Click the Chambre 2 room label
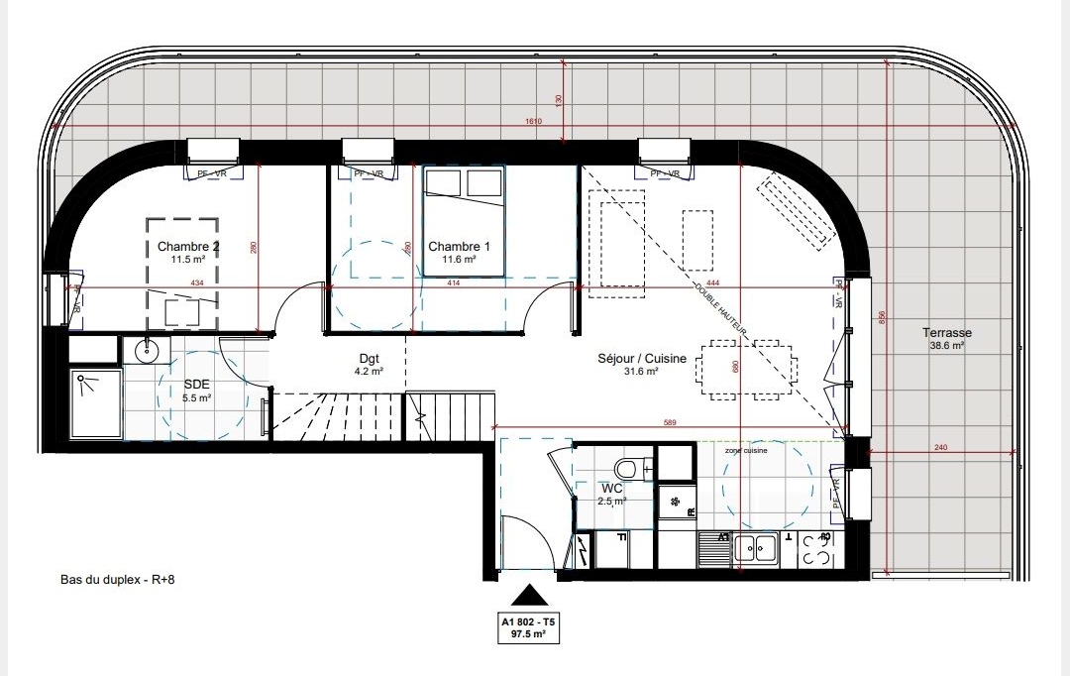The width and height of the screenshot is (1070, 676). click(188, 247)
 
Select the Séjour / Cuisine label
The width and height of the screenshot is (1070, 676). click(642, 359)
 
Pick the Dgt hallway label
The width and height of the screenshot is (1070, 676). click(370, 359)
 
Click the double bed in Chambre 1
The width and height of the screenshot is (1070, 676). click(464, 220)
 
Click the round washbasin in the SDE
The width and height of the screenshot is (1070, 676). click(147, 350)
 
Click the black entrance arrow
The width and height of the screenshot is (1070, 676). click(528, 595)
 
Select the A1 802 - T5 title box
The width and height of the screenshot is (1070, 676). click(528, 629)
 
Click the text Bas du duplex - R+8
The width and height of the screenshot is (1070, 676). click(118, 581)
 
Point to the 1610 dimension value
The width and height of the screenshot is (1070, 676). click(536, 121)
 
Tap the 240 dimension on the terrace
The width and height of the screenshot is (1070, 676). click(940, 448)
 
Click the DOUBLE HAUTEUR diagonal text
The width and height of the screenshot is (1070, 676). click(724, 308)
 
